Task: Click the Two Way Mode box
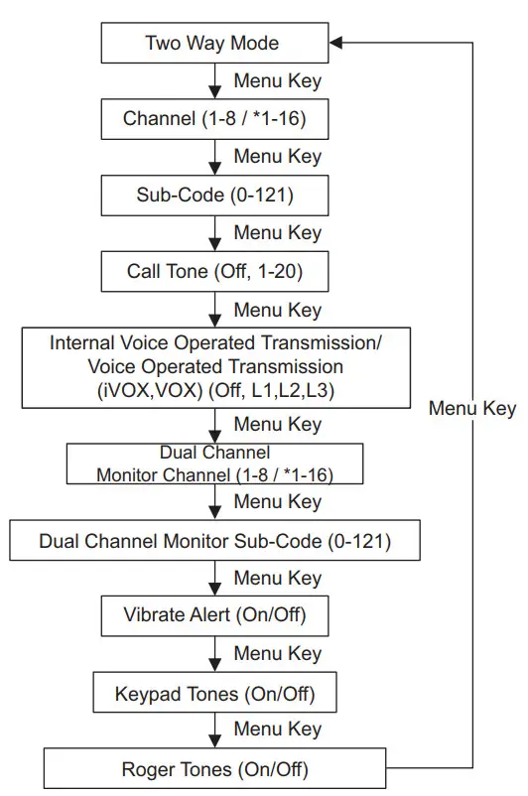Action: pos(212,43)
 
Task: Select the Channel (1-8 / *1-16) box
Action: pos(212,119)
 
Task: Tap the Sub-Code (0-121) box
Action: pos(212,195)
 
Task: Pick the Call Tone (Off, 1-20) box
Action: pos(212,271)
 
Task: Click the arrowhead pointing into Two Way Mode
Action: pos(336,43)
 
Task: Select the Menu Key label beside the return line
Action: pos(471,408)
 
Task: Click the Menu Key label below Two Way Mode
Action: pos(277,81)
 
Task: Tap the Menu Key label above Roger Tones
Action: pos(277,730)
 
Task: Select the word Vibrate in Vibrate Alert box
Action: pos(154,615)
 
